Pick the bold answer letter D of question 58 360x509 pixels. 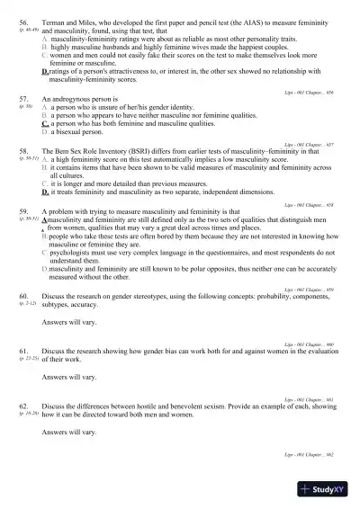coord(45,192)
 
